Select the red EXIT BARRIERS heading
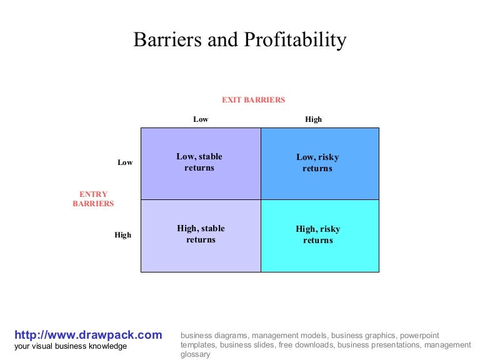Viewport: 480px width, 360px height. (253, 100)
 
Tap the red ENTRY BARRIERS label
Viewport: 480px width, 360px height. (93, 199)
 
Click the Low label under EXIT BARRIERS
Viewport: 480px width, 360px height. (201, 119)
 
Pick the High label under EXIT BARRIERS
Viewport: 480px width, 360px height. (313, 119)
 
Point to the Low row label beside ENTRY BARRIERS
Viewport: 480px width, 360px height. (125, 162)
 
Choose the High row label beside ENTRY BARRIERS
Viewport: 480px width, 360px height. (123, 235)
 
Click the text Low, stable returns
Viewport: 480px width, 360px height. (199, 162)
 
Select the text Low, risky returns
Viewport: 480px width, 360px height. (317, 162)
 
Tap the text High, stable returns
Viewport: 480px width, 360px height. (201, 234)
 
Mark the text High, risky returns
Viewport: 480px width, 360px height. (317, 234)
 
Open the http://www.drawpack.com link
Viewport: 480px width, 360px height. (88, 335)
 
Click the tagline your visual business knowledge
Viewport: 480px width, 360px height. (71, 346)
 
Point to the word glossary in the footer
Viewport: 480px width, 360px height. (196, 354)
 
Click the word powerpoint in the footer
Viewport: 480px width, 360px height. (420, 335)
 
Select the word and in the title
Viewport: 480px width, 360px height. (223, 41)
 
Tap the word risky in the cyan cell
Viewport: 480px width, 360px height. (329, 229)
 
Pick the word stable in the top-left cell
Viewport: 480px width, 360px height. (210, 157)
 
